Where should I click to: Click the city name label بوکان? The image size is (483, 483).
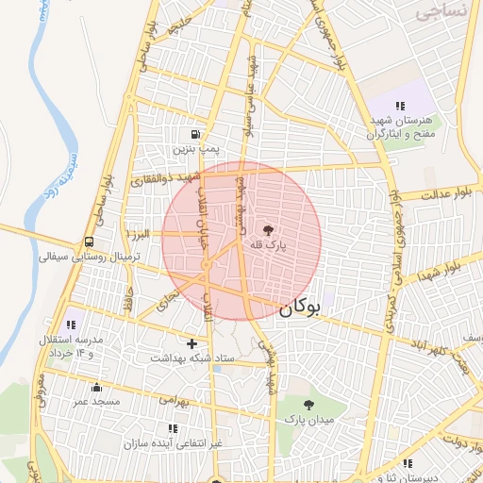coord(301,307)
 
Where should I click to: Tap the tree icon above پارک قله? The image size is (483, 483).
coord(269,229)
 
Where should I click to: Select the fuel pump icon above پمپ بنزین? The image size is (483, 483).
coord(195,134)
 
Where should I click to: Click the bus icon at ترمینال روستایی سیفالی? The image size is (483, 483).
coord(89,241)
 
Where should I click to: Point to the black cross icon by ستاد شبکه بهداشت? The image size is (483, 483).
coord(192,344)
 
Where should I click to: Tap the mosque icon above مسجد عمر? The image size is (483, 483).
coord(95,387)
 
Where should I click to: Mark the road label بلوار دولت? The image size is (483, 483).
coord(460,439)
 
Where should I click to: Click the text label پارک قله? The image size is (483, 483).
coord(268,245)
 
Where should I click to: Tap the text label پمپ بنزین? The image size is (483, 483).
coord(195,149)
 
